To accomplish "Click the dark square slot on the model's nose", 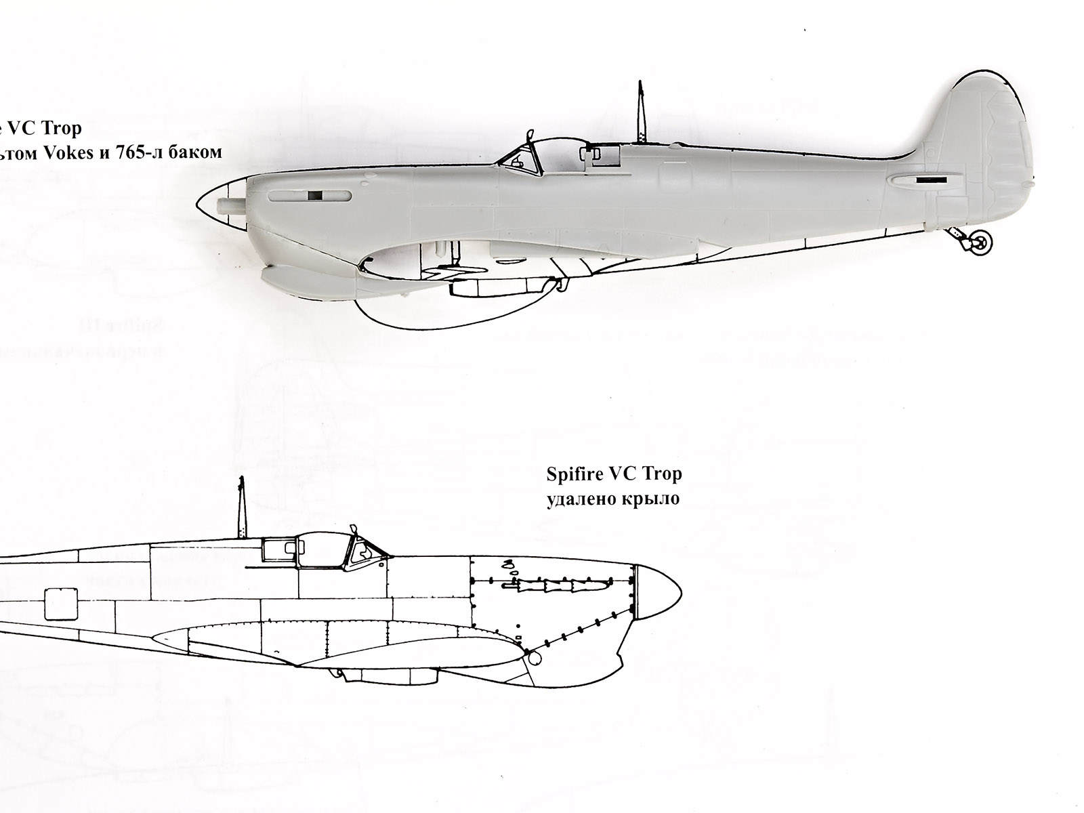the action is pos(314,196).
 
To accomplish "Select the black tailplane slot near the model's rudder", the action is pos(930,181).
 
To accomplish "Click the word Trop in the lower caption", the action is pos(664,474).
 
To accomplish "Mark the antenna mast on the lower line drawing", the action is pos(241,508).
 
